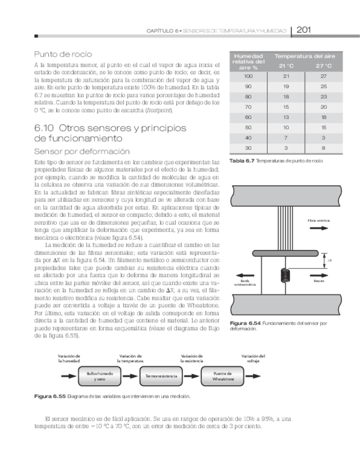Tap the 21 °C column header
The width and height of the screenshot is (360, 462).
tap(286, 66)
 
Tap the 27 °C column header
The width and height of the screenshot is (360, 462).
tap(323, 66)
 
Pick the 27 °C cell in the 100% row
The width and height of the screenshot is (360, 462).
tap(323, 76)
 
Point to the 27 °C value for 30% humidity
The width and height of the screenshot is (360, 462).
tap(323, 148)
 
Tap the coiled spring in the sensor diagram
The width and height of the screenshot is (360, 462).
tap(283, 276)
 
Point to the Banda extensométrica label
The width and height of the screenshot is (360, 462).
tap(244, 283)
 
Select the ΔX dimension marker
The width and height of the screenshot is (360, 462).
tap(329, 261)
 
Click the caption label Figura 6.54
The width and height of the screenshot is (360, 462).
tap(245, 324)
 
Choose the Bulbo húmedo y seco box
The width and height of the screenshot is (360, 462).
tap(101, 376)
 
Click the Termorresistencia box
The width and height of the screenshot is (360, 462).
tap(162, 376)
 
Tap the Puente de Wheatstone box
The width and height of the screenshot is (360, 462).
tap(223, 376)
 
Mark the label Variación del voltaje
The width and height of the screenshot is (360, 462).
tap(253, 358)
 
